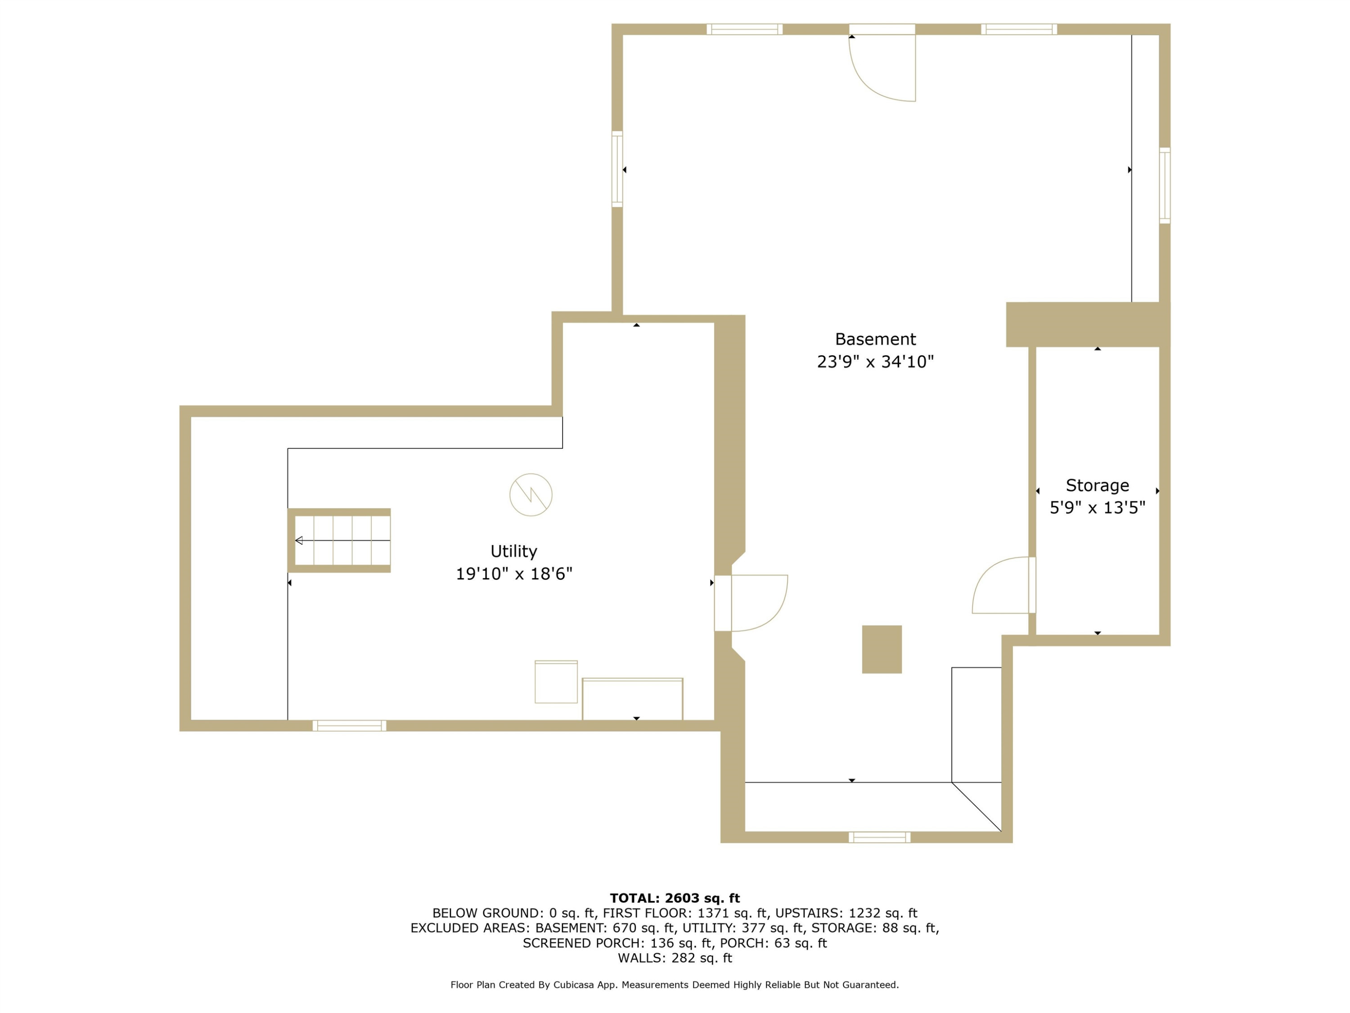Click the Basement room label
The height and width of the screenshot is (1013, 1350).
[x=875, y=339]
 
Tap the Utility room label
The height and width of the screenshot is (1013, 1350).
[x=514, y=552]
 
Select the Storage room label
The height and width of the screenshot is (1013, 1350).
[x=1098, y=485]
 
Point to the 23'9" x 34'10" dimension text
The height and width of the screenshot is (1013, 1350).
[x=875, y=362]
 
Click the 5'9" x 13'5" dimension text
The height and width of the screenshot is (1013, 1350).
[x=1098, y=507]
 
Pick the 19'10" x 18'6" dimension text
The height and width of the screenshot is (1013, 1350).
[x=514, y=574]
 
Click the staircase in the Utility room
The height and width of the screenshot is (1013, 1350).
[x=339, y=540]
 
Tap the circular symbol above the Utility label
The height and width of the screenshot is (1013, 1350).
[x=531, y=495]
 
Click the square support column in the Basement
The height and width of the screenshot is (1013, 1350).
[x=882, y=649]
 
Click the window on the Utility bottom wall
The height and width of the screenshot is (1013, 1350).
[x=349, y=725]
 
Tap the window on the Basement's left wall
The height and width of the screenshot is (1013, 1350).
[x=617, y=169]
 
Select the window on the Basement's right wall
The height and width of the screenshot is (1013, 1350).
[x=1165, y=185]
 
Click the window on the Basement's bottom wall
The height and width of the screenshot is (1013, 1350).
[x=879, y=837]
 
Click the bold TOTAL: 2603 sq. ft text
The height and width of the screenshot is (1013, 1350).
[x=675, y=898]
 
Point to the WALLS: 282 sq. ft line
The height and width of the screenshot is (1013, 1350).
[x=675, y=958]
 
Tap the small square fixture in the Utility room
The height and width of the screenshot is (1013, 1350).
[x=556, y=682]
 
